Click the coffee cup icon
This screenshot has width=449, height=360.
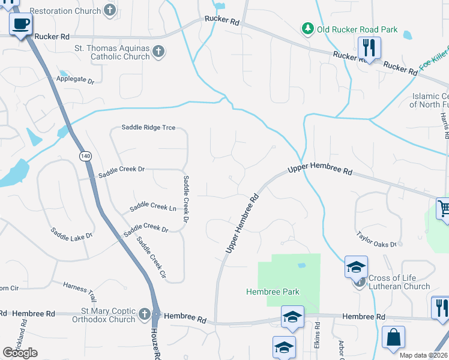pyautogui.click(x=21, y=25)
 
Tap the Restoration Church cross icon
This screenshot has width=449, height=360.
pyautogui.click(x=109, y=10)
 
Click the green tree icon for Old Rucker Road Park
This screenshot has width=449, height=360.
pyautogui.click(x=307, y=29)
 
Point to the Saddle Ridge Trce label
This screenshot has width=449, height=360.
pyautogui.click(x=148, y=127)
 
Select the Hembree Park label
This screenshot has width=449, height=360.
pyautogui.click(x=273, y=292)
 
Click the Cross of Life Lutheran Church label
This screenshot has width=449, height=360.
pyautogui.click(x=399, y=282)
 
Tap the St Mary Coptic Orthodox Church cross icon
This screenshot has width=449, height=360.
pyautogui.click(x=144, y=314)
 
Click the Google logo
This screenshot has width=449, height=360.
pyautogui.click(x=20, y=353)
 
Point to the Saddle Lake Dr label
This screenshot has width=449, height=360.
pyautogui.click(x=72, y=233)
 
